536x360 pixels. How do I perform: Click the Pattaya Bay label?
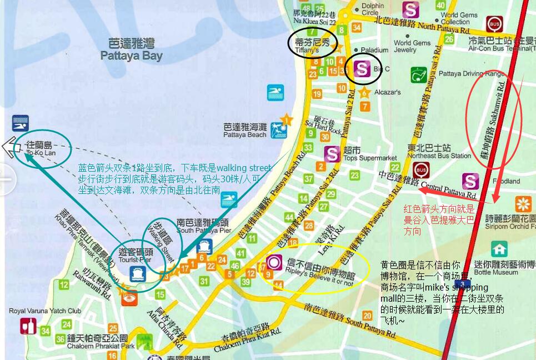(x=132, y=50)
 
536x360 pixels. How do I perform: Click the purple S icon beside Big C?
(x=362, y=69)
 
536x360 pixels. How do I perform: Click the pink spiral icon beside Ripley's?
(x=274, y=262)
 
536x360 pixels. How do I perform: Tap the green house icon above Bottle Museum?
(x=499, y=249)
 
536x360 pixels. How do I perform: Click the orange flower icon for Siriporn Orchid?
(x=523, y=204)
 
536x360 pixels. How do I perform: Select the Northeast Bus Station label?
(x=438, y=152)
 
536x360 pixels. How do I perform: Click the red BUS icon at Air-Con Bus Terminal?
(x=493, y=24)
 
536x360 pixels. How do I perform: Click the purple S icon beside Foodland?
(x=470, y=181)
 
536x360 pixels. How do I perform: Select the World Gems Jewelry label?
(x=412, y=46)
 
